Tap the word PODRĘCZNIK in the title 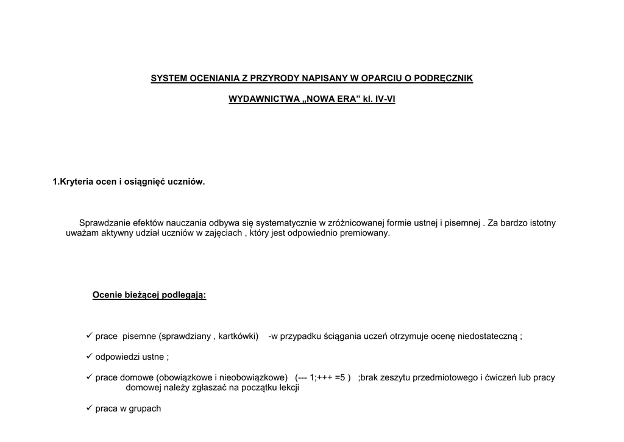[x=443, y=79]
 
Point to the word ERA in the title [x=346, y=99]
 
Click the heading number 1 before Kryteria [x=55, y=181]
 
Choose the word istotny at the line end [x=541, y=223]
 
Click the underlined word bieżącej [x=141, y=296]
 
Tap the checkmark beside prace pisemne [x=89, y=336]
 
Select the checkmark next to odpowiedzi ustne [x=89, y=357]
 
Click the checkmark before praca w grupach [x=89, y=408]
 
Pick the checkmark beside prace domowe [x=89, y=377]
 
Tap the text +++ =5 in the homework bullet [x=334, y=377]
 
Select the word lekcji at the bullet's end [x=287, y=388]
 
